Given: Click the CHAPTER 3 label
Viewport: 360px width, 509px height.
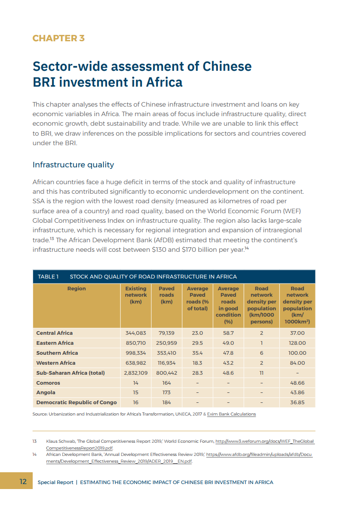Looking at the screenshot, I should pyautogui.click(x=58, y=38).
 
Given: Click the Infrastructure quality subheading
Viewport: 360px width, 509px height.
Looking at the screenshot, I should pyautogui.click(x=73, y=165).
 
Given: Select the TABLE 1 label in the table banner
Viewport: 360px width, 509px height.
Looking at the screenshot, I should pyautogui.click(x=48, y=277).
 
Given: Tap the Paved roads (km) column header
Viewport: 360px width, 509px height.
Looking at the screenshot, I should pyautogui.click(x=167, y=295).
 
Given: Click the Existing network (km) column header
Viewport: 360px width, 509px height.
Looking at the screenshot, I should pyautogui.click(x=136, y=295).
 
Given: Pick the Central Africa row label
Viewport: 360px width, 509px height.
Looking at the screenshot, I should pyautogui.click(x=54, y=333).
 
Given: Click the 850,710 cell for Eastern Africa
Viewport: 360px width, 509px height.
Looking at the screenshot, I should pyautogui.click(x=136, y=343).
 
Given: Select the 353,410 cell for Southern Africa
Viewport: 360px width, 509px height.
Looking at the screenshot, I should pyautogui.click(x=167, y=353).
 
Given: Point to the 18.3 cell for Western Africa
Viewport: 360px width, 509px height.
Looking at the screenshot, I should pyautogui.click(x=197, y=363).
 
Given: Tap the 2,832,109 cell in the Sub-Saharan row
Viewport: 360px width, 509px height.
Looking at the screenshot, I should pyautogui.click(x=136, y=373).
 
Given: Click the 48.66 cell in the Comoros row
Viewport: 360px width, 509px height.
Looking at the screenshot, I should pyautogui.click(x=297, y=383).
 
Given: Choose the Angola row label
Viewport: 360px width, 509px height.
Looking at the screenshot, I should pyautogui.click(x=46, y=393).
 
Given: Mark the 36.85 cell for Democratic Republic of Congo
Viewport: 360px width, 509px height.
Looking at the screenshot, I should pyautogui.click(x=297, y=403).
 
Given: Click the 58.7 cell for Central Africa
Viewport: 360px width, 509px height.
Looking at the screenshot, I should pyautogui.click(x=228, y=333).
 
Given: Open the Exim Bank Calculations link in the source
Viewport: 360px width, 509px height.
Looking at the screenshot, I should pyautogui.click(x=231, y=414).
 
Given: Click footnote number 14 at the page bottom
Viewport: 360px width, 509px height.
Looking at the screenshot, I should pyautogui.click(x=35, y=454).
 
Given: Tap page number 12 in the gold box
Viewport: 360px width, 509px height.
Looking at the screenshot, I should pyautogui.click(x=23, y=482).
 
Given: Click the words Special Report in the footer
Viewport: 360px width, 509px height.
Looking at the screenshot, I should pyautogui.click(x=55, y=482).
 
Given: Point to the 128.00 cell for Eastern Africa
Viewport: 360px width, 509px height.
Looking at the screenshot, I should pyautogui.click(x=297, y=343).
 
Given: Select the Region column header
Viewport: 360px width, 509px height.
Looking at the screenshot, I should pyautogui.click(x=76, y=289).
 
